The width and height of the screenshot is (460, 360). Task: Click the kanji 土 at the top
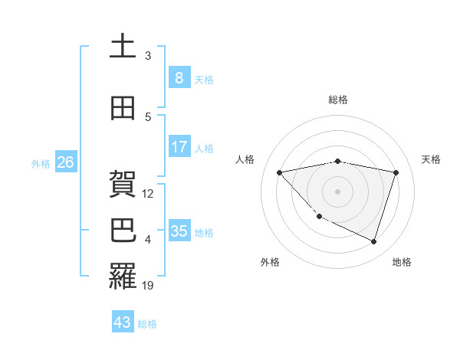pos(123,47)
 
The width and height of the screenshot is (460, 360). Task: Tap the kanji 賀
pos(123,185)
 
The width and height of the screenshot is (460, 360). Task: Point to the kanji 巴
pos(123,231)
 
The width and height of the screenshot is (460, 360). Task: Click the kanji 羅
pos(123,276)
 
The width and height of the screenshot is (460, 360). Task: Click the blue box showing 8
pos(179,77)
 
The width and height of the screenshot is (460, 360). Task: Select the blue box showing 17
pos(179,146)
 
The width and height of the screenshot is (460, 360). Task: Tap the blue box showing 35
pos(179,231)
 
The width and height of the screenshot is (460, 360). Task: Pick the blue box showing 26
pos(65,162)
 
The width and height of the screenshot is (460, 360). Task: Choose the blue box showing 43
pos(122,322)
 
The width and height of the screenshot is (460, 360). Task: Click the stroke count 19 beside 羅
pos(149,285)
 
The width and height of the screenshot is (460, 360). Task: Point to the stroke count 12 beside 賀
pos(149,194)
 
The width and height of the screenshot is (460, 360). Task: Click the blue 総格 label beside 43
pos(147,324)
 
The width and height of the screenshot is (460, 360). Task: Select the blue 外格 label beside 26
pos(41,163)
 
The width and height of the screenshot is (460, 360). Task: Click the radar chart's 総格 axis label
pos(337,100)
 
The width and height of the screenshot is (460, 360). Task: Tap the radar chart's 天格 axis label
pos(432,159)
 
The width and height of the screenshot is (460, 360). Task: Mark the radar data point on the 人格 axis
pos(280,172)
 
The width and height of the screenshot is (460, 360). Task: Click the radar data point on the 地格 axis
pos(373,241)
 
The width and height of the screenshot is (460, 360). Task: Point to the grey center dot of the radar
pos(337,191)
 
